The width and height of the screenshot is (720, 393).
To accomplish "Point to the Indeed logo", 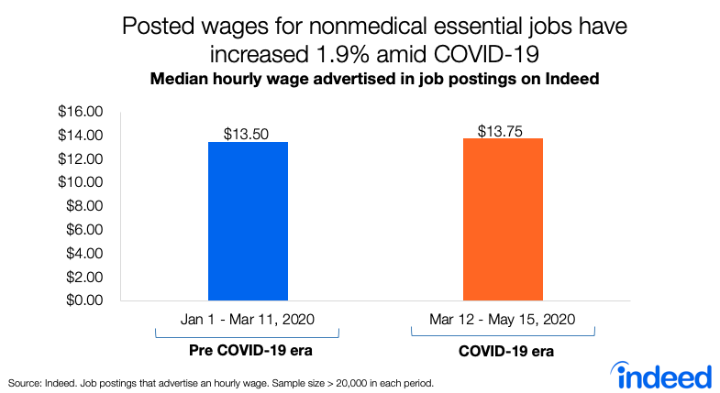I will tap(665, 374).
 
